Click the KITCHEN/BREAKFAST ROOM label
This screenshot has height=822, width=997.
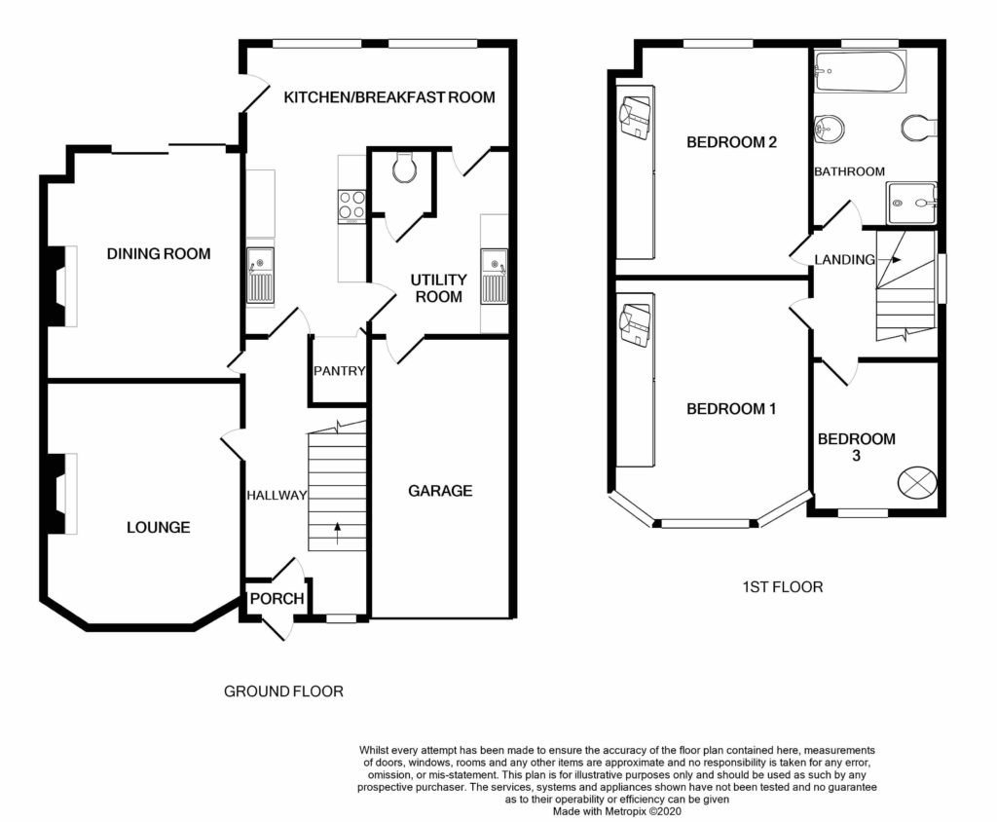click(x=389, y=97)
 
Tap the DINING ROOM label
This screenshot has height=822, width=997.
click(x=159, y=254)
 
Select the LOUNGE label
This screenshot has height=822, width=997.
click(x=159, y=528)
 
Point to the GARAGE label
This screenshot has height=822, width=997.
click(x=440, y=491)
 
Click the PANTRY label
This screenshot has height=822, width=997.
click(x=340, y=371)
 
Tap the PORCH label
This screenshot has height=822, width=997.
click(x=277, y=599)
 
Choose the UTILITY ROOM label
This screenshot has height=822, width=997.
click(x=438, y=288)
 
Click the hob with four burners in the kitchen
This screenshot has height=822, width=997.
click(x=351, y=205)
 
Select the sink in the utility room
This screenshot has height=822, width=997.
click(x=494, y=276)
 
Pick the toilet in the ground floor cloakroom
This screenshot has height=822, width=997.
click(x=404, y=167)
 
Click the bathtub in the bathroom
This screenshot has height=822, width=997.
click(x=860, y=72)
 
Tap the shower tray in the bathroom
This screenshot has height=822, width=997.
click(x=912, y=203)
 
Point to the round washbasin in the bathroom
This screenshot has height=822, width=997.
click(x=830, y=130)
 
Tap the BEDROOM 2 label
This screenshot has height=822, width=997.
click(x=731, y=142)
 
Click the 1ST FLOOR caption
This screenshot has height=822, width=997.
click(x=783, y=586)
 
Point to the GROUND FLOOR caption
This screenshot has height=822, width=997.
click(x=283, y=691)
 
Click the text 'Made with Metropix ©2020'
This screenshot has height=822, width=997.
click(x=616, y=811)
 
